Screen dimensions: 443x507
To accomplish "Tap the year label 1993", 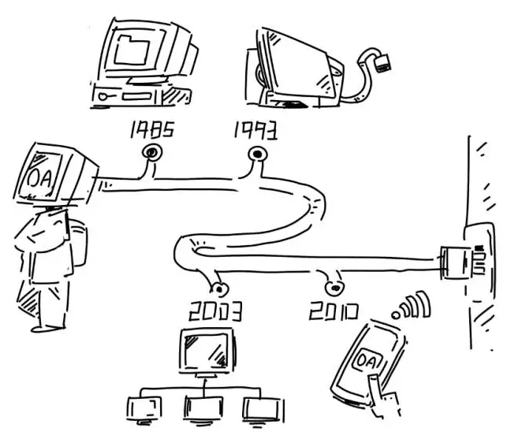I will coord(254,129).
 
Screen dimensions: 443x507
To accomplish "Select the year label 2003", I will coord(214,311).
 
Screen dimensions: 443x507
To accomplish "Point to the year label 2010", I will coord(334,310).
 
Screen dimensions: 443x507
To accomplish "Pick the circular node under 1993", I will coord(256,153).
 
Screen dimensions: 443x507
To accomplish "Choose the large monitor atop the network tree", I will coord(207,352).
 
